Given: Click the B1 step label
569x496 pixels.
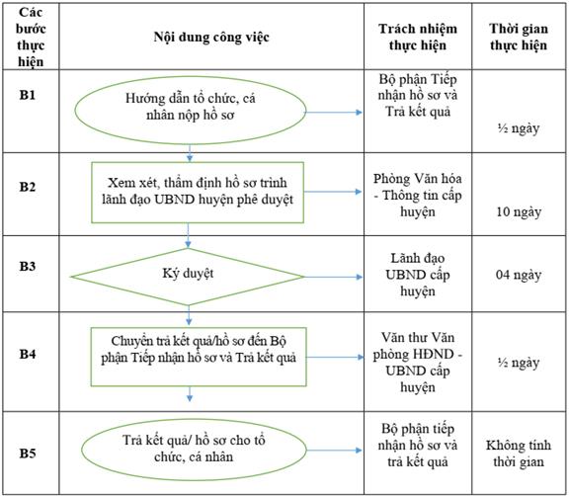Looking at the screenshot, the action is (x=28, y=95).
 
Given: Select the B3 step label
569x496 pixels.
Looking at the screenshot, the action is (x=28, y=267).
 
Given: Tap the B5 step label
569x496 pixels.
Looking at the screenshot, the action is (x=28, y=454).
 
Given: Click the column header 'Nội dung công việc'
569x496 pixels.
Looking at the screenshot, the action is (x=211, y=38).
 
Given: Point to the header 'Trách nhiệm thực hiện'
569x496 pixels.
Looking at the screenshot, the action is (x=418, y=37).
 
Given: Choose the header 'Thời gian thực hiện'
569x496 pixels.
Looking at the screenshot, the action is (x=519, y=37).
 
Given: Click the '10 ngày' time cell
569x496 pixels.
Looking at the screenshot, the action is (x=519, y=211).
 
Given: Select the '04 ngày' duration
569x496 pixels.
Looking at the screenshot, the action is (x=519, y=275).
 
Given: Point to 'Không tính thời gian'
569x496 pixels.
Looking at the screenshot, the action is (x=519, y=454).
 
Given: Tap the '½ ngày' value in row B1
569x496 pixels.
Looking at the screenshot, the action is (x=519, y=128).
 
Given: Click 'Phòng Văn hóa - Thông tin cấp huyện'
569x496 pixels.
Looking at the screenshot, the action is (x=418, y=196).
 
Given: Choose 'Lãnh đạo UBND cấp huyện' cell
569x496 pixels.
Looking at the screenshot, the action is (x=418, y=275).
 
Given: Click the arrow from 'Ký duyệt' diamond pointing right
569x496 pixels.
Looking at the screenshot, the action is (x=333, y=278).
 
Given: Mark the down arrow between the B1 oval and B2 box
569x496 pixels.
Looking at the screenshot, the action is (x=190, y=153).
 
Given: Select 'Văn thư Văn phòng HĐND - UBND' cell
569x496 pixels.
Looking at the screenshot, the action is (x=418, y=363).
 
